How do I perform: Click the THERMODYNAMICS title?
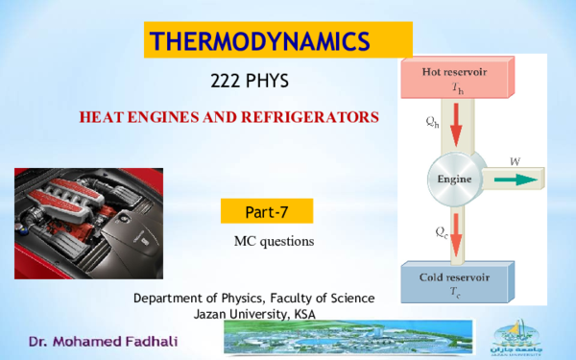point(261,41)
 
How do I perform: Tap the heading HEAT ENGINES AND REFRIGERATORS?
point(228,117)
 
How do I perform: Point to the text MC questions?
point(267,238)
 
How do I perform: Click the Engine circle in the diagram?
point(452,179)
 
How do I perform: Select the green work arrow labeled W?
point(513,179)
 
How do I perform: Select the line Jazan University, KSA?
point(254,314)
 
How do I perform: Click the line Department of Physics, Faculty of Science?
point(253,299)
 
